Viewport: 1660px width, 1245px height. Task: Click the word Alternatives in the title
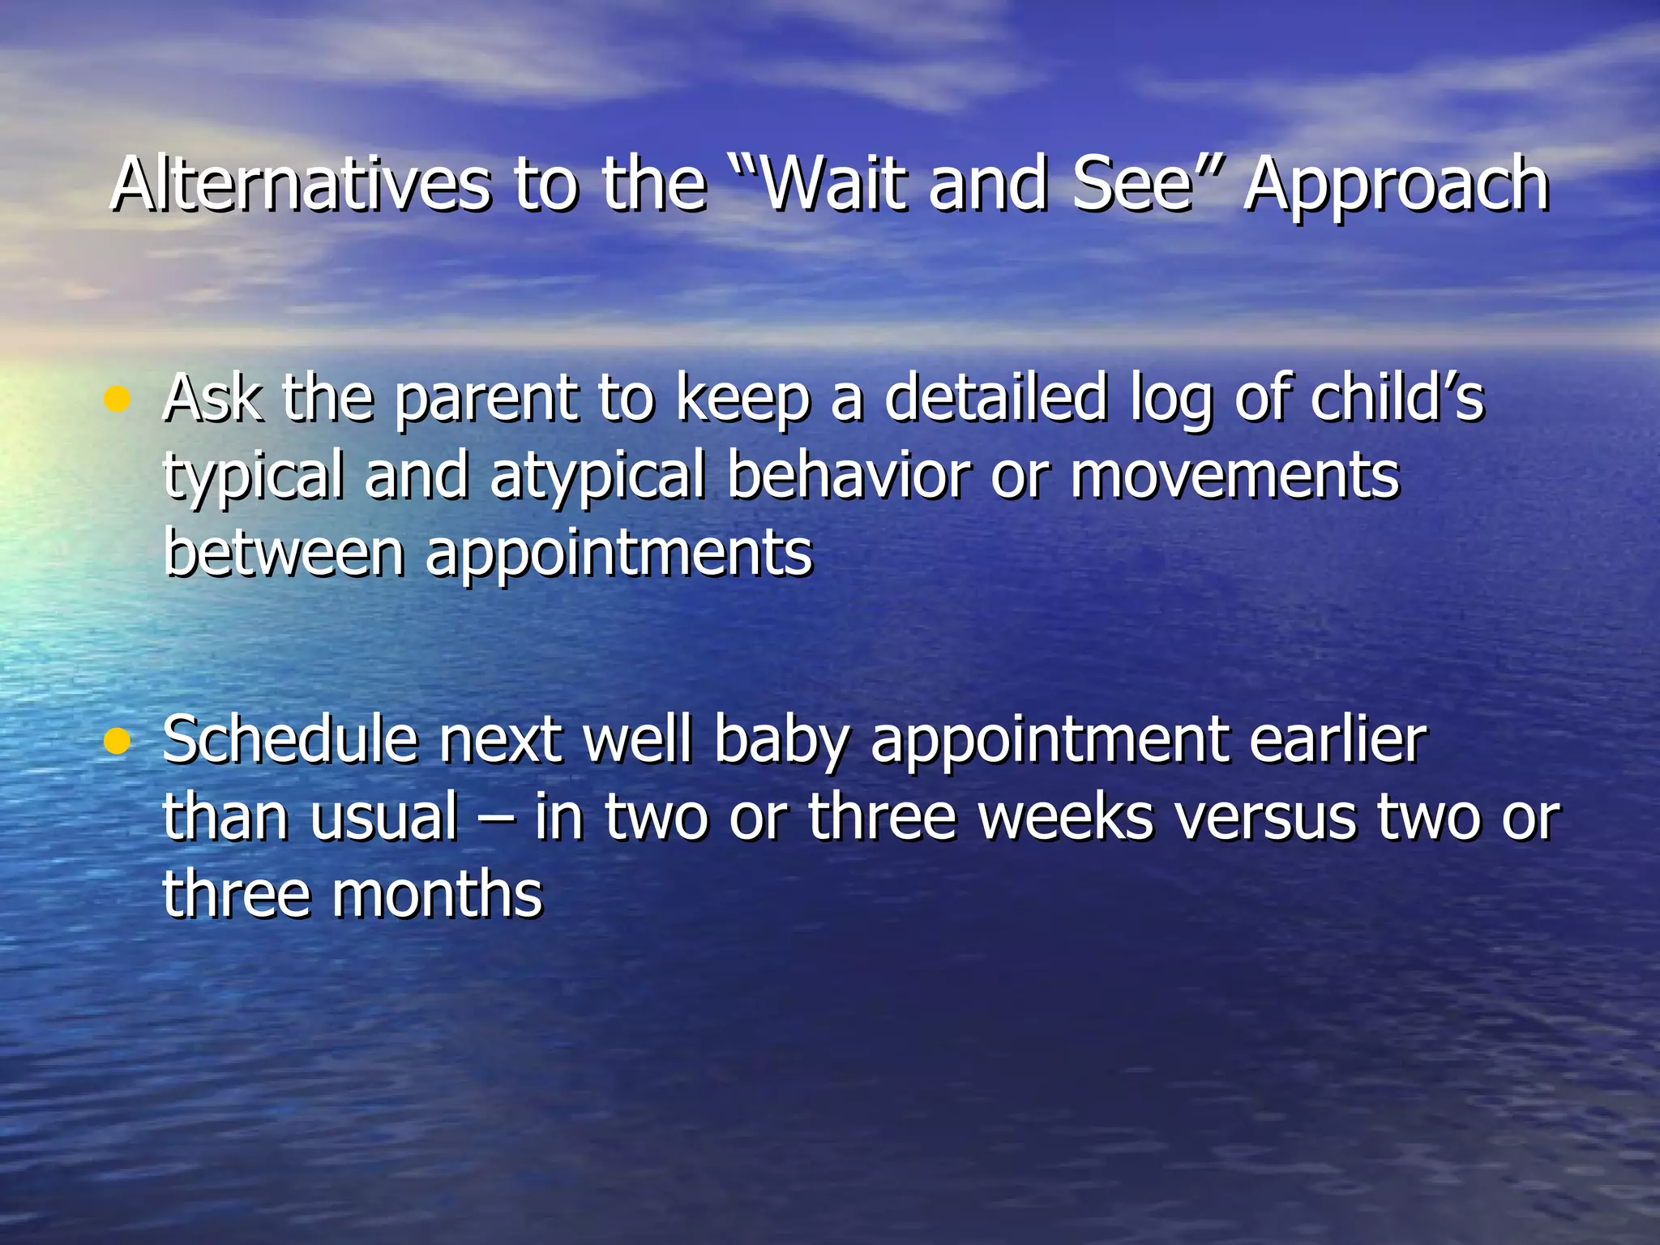point(300,185)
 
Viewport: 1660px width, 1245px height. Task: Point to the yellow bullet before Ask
point(118,399)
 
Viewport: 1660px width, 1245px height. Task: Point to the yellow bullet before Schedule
point(118,741)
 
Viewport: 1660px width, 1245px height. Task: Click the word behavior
point(848,475)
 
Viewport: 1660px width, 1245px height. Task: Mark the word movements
point(1234,477)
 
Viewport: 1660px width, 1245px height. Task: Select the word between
point(284,553)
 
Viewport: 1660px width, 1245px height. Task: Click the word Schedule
point(290,739)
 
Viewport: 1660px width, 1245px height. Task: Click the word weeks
point(1065,817)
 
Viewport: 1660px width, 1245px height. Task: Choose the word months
point(437,893)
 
